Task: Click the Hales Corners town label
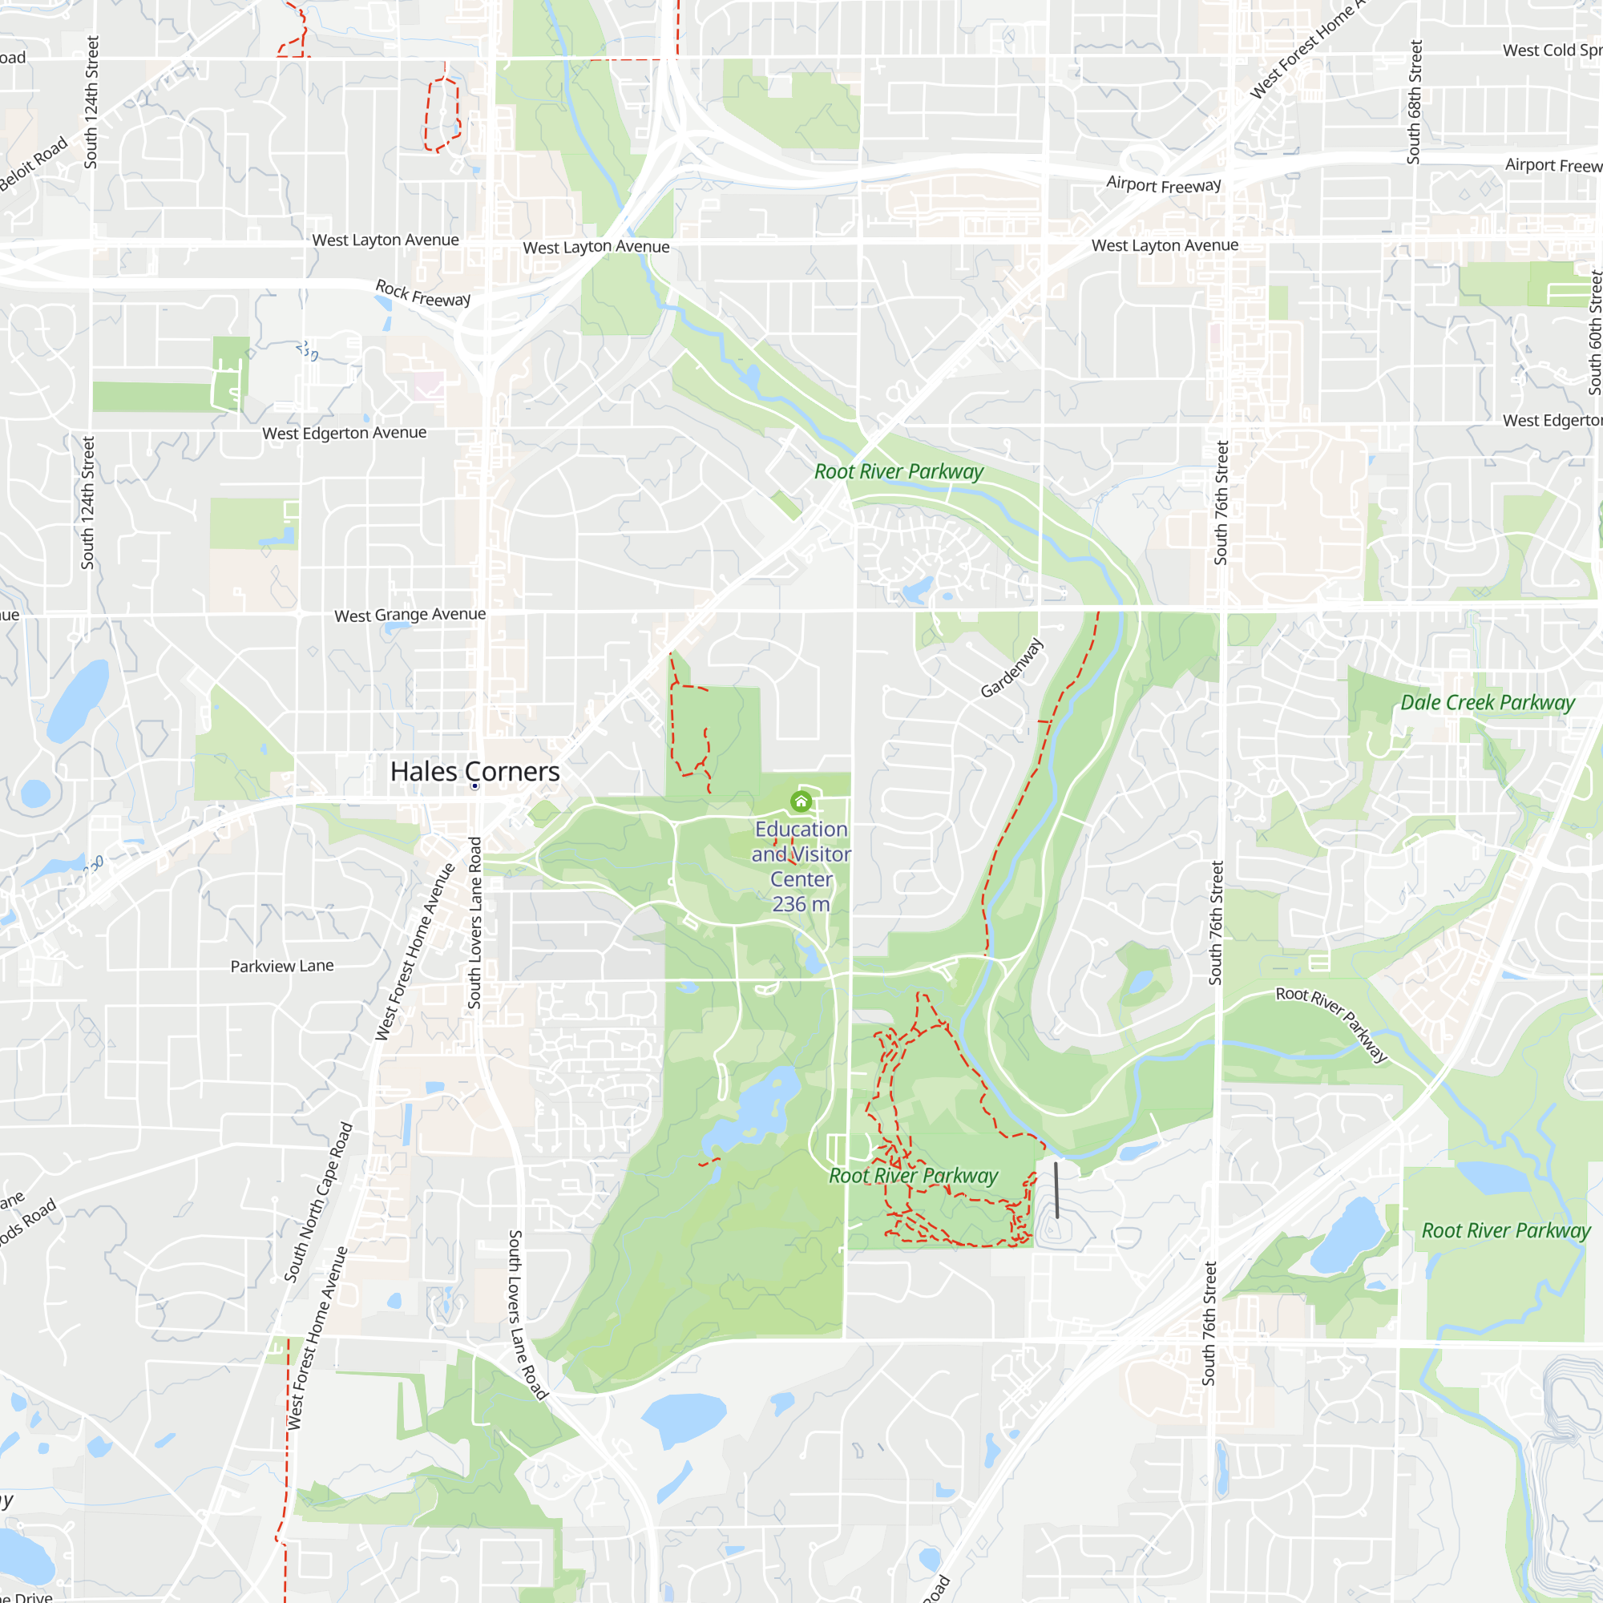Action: coord(474,771)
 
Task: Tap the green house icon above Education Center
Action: coord(801,801)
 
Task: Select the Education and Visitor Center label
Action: coord(801,866)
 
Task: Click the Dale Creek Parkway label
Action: coord(1487,703)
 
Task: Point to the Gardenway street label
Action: coord(1011,668)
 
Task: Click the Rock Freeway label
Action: coord(423,293)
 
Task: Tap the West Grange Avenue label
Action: coord(410,615)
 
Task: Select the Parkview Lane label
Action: coord(282,966)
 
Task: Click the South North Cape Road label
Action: coord(319,1202)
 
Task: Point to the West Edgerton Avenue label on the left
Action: coord(345,433)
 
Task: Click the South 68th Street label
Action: coord(1414,102)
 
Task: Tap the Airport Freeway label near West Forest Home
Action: coord(1163,184)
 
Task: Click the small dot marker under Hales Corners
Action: coord(474,786)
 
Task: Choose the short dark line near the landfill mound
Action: coord(1056,1189)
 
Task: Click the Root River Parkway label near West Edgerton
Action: coord(898,472)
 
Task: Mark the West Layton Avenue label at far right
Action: coord(1165,245)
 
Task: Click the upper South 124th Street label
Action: coord(91,102)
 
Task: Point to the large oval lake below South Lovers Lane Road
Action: coord(684,1418)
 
